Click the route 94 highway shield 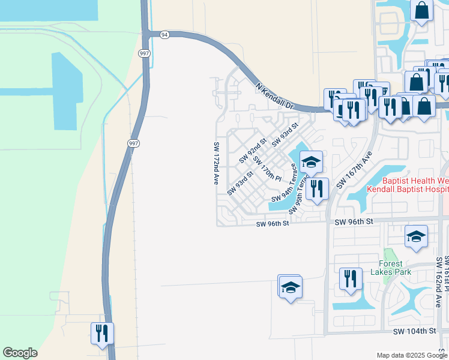coord(164,35)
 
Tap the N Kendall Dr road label coord(275,96)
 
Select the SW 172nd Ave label coord(216,163)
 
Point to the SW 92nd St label coord(253,151)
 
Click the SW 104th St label coord(414,331)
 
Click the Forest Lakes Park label coord(395,268)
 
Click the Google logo coord(20,353)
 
